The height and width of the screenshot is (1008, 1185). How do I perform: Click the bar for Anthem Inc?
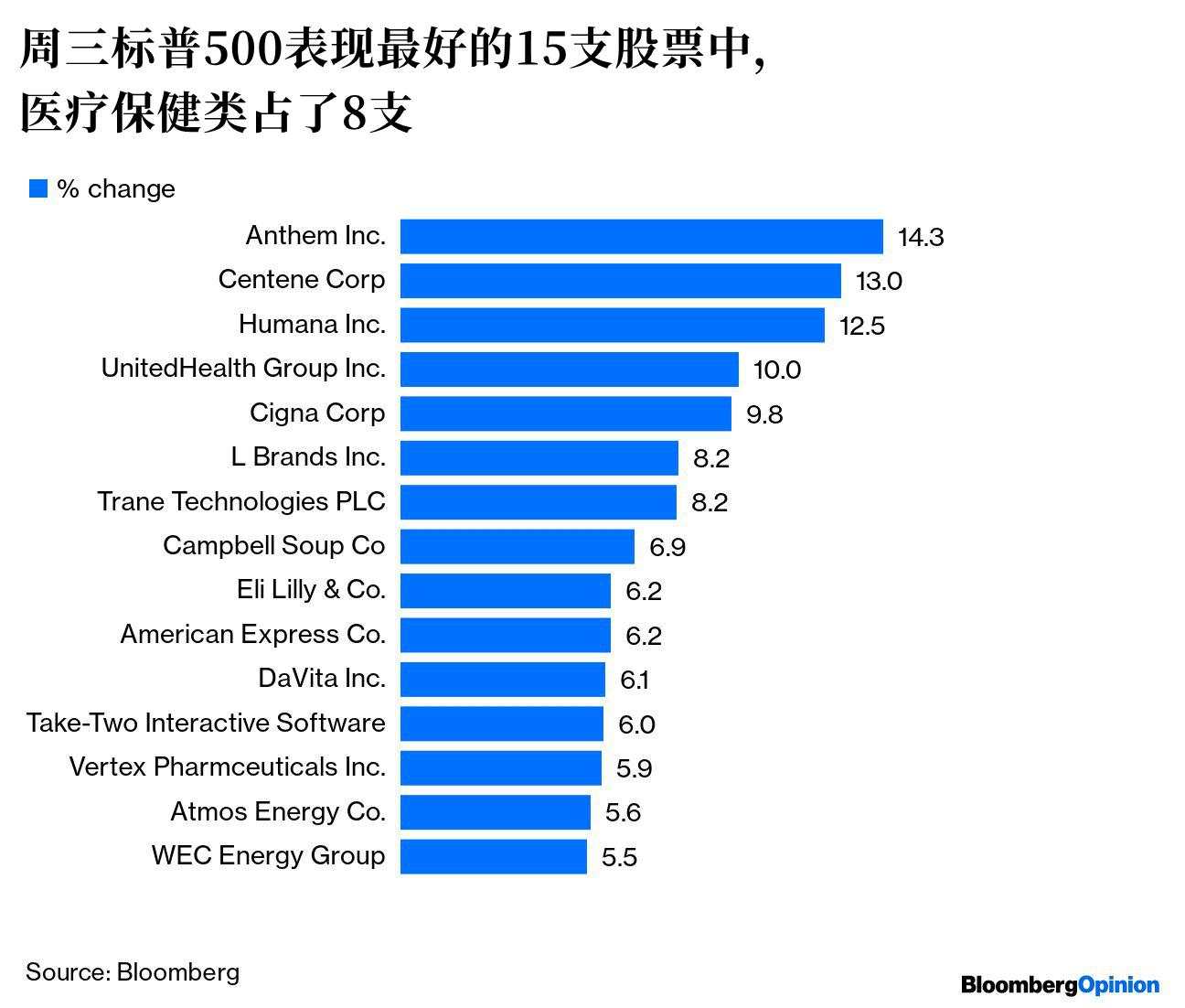tap(641, 236)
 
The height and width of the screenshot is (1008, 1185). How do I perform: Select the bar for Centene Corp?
tap(620, 281)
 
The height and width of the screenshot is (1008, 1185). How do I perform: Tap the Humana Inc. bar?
tap(612, 325)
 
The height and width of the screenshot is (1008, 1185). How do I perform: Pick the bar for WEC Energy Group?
tap(493, 857)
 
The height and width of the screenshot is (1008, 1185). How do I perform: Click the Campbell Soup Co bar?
tap(517, 547)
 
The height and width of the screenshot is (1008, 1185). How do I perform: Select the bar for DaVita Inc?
tap(502, 680)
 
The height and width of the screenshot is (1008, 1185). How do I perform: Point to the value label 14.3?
tap(920, 237)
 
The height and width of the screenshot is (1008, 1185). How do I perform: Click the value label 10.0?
tap(776, 370)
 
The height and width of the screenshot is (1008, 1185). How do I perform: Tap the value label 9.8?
tap(764, 414)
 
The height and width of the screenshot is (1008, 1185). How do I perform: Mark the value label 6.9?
tap(667, 547)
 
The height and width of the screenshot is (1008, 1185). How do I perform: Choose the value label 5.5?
tap(619, 857)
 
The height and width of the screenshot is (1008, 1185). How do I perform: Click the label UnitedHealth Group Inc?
tap(243, 368)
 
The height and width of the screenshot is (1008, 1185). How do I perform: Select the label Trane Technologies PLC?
tap(241, 501)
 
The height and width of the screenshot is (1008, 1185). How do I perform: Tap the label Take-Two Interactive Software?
tap(206, 723)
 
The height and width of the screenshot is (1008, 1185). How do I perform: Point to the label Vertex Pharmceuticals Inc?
tap(227, 767)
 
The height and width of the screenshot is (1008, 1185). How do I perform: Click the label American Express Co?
tap(252, 634)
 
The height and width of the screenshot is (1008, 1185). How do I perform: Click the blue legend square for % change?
tap(38, 188)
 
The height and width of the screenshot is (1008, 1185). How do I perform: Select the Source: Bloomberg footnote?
tap(133, 971)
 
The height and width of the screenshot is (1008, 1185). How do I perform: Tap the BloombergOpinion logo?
tap(1060, 985)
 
